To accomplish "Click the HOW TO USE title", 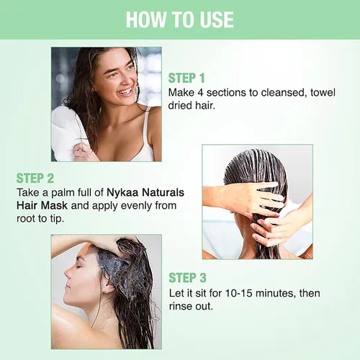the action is (x=180, y=19).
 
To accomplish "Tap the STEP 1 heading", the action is (x=186, y=78).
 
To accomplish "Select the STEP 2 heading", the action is (x=35, y=179).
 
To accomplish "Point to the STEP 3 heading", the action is (x=187, y=278).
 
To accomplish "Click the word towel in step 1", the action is (x=323, y=93).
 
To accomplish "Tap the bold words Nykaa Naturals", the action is (x=145, y=192).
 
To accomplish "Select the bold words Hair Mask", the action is (x=42, y=206).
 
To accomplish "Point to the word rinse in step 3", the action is (x=181, y=307).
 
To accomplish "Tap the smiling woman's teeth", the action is (x=126, y=91).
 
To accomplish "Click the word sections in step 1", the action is (x=225, y=93).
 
